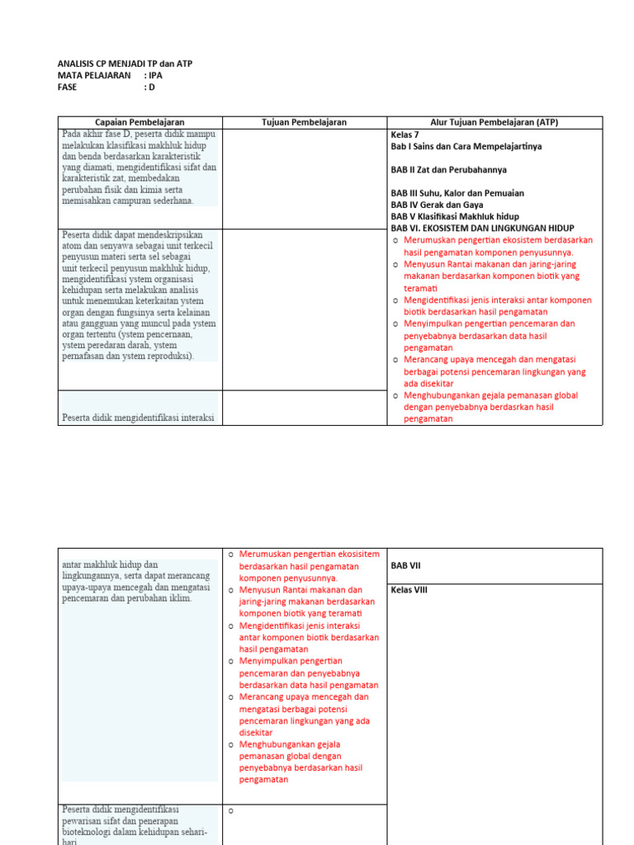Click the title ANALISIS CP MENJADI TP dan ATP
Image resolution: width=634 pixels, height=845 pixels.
[125, 64]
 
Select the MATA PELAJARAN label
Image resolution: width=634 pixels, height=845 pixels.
[94, 75]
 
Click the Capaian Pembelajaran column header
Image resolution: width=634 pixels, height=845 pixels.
[140, 122]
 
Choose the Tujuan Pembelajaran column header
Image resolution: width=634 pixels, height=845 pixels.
[304, 122]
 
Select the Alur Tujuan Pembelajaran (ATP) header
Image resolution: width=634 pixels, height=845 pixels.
[494, 122]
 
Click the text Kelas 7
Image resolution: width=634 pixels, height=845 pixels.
[405, 134]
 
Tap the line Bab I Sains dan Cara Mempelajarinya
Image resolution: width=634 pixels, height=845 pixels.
[466, 146]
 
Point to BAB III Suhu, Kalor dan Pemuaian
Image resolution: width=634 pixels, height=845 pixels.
[457, 193]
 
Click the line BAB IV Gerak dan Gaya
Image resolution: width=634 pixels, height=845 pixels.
[437, 205]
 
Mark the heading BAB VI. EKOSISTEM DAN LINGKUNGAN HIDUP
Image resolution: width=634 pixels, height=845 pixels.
[482, 228]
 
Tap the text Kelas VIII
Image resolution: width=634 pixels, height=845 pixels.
[409, 590]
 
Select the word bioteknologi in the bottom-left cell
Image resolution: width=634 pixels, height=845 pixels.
[89, 833]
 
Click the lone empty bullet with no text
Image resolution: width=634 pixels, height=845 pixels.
[231, 810]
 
